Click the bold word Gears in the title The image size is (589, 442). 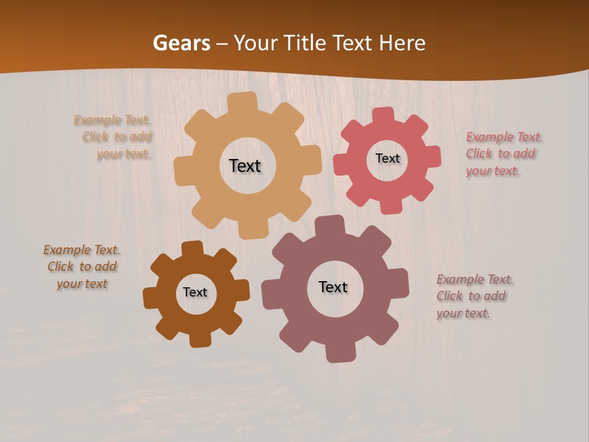coord(181,43)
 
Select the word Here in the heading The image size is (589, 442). coord(402,43)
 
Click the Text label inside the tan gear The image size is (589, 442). coord(245,166)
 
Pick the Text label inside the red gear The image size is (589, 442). coord(387,158)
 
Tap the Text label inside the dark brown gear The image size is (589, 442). coord(195,292)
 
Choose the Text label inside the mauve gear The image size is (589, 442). coord(333,287)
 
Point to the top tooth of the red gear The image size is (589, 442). coord(383,116)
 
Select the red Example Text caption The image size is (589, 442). coord(504,153)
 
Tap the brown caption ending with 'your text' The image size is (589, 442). coord(82,266)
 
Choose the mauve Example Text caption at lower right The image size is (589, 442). coord(474,296)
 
